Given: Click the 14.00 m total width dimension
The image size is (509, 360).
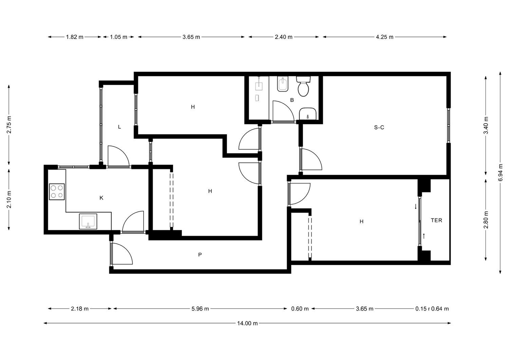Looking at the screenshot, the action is [247, 323].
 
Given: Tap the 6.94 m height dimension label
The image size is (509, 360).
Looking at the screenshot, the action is [500, 173].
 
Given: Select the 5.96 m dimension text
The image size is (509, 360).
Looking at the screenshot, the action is [200, 309].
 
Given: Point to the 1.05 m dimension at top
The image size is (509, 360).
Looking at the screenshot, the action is [119, 37].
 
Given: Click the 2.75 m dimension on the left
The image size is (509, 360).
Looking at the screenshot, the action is [9, 125].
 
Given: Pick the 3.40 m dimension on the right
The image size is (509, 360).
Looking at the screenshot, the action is [486, 126].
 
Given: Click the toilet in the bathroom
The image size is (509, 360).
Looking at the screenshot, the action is [303, 87].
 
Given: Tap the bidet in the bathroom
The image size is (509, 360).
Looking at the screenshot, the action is [283, 84].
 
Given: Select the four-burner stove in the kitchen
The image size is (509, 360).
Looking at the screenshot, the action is [57, 192].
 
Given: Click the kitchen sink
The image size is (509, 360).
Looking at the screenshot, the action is [88, 221].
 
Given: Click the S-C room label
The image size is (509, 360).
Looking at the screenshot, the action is [379, 128].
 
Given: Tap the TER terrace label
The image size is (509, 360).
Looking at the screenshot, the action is [436, 220].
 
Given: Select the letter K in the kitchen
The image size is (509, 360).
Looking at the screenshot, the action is [101, 198].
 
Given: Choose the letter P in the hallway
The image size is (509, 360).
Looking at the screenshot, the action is [200, 255].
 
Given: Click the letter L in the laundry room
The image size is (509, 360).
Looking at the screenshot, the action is [119, 127].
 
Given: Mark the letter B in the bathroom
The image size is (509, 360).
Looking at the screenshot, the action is [292, 100].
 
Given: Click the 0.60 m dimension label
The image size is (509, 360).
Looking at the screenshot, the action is [300, 309].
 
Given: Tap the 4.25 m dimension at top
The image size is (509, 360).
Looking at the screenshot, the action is [384, 37].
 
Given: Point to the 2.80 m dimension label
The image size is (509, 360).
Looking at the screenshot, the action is [486, 220].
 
